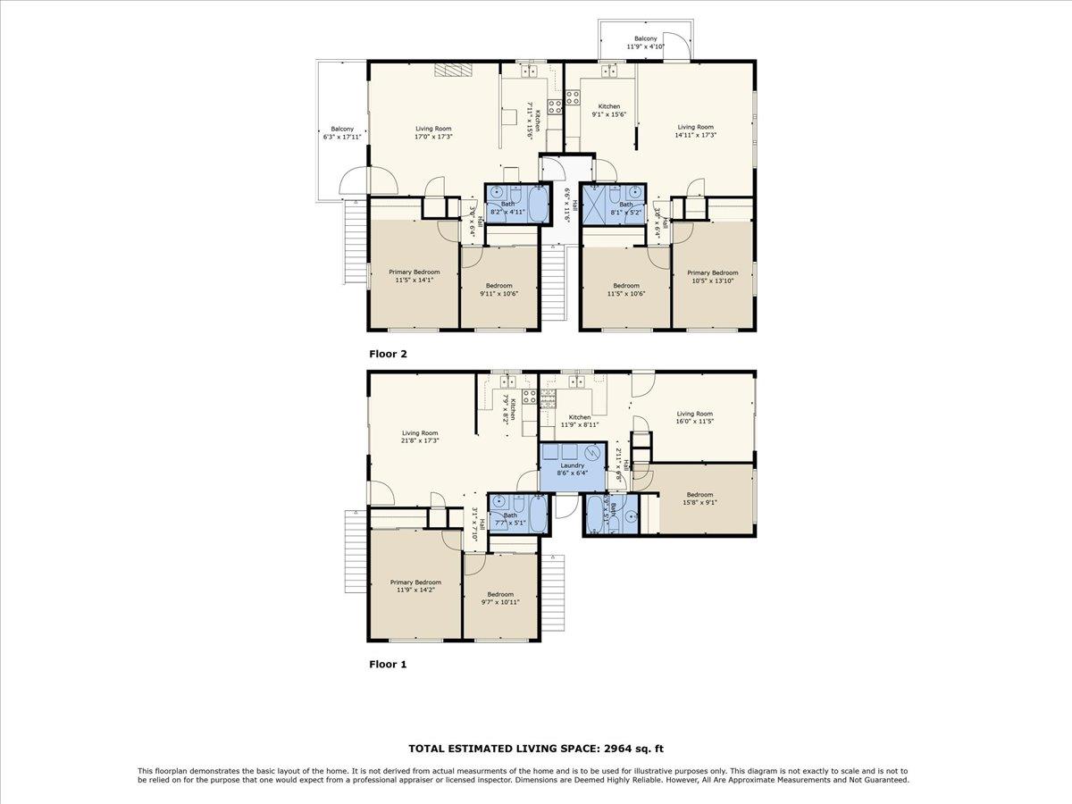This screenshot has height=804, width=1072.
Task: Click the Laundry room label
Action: [571, 469]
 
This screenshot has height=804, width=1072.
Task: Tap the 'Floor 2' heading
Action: [388, 354]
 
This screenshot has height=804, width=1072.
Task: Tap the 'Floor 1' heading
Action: [388, 665]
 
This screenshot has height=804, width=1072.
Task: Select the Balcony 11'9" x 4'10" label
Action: [645, 43]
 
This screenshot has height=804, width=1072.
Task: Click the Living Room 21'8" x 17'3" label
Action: [419, 437]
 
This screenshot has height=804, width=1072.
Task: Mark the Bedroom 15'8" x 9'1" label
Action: [699, 498]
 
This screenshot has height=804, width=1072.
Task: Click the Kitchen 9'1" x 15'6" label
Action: [608, 111]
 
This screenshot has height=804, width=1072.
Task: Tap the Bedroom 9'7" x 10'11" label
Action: [500, 599]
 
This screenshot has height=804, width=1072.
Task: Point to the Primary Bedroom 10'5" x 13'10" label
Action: [712, 277]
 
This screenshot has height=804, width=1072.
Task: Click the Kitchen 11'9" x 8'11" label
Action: [579, 422]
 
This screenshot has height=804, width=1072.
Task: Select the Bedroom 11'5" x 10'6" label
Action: [625, 289]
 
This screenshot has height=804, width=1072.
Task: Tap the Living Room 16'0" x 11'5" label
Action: [694, 418]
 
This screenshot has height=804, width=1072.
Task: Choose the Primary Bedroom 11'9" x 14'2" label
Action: [415, 586]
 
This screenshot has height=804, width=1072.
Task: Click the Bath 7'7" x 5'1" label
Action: [510, 519]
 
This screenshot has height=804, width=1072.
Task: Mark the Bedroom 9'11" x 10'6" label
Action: [498, 289]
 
